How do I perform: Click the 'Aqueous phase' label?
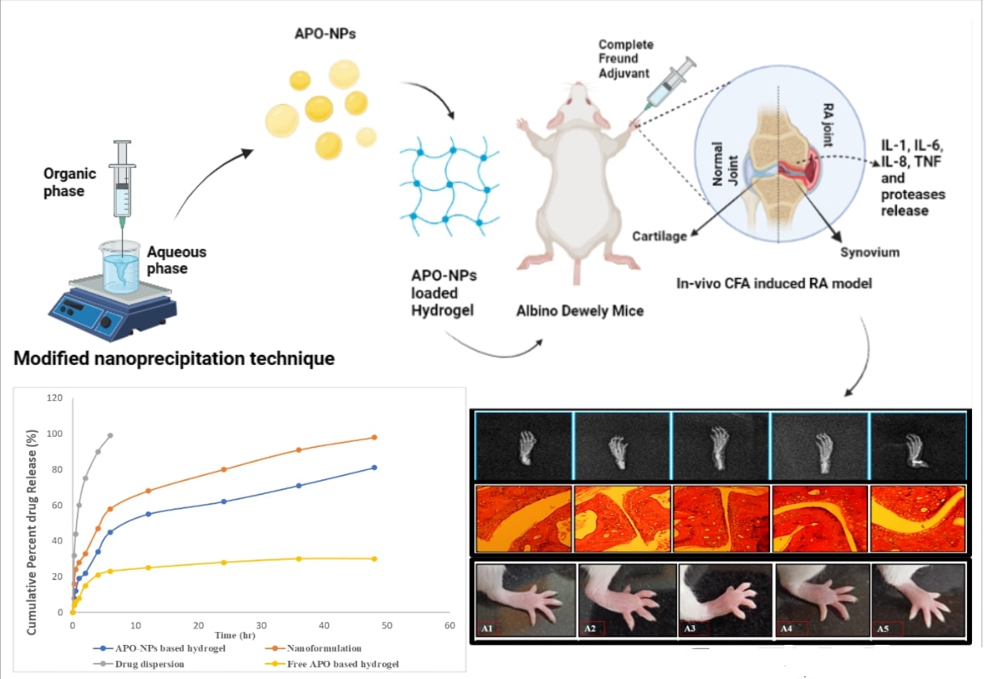point(177,260)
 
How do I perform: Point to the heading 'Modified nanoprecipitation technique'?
point(174,359)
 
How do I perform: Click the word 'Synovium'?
point(870,252)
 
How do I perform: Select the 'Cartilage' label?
point(659,236)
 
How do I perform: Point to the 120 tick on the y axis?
point(55,398)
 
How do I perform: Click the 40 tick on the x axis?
point(324,626)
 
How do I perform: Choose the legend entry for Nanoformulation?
point(321,648)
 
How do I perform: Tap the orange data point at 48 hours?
point(373,438)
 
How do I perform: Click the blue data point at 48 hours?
point(373,467)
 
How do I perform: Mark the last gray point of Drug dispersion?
point(110,435)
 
